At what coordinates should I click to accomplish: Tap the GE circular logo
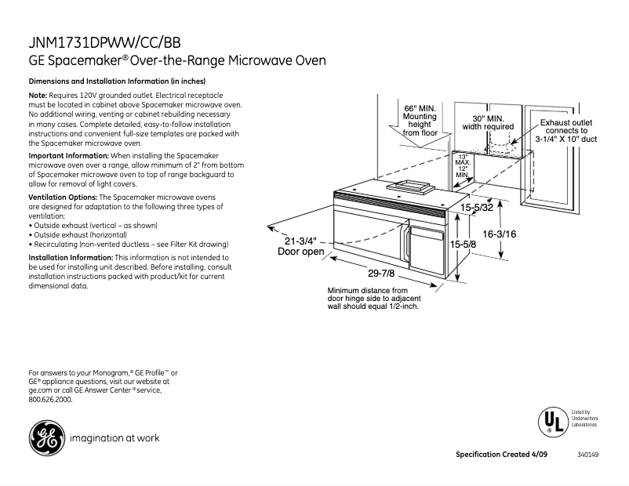point(45,437)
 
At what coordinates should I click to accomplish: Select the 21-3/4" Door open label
point(300,246)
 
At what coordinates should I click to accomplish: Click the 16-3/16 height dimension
point(500,234)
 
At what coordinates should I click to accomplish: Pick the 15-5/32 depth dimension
point(477,208)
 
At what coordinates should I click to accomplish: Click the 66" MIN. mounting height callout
point(420,120)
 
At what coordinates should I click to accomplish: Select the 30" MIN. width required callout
point(488,121)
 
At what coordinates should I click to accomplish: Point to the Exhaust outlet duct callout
point(566,131)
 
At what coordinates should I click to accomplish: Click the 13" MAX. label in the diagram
point(464,159)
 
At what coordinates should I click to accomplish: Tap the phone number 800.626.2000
point(49,399)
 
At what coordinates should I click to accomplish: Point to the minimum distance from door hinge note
point(373,299)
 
